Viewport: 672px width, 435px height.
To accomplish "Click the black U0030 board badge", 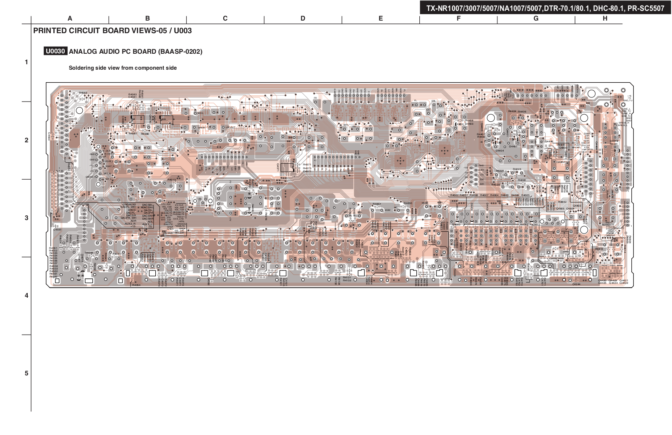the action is (x=55, y=51).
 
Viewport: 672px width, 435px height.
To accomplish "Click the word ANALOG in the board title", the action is (x=82, y=52).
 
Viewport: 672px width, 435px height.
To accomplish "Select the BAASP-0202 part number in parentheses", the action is (x=180, y=52).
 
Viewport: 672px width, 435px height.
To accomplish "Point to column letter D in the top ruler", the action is (x=303, y=18).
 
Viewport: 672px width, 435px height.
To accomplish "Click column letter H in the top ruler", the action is (x=605, y=18).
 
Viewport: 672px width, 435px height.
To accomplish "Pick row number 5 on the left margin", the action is (x=26, y=373).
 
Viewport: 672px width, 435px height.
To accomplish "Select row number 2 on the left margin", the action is (x=26, y=140).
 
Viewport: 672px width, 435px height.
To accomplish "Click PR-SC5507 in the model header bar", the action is (x=646, y=8).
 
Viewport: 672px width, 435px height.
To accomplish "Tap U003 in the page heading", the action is (x=183, y=31).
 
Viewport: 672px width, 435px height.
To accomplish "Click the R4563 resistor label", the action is (x=83, y=93).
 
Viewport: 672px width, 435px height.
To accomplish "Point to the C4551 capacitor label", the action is (x=57, y=230).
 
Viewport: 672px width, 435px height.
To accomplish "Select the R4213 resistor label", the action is (x=171, y=180).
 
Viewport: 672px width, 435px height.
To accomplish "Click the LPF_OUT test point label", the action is (x=230, y=127).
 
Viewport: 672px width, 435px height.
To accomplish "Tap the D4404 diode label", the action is (x=499, y=150).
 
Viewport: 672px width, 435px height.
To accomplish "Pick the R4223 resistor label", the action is (x=517, y=169).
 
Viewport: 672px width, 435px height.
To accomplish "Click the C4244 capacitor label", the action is (x=576, y=284).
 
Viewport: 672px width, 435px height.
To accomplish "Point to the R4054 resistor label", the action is (x=136, y=285).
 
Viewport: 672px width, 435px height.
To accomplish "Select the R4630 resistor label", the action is (x=408, y=203).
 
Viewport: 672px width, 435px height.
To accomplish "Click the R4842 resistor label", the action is (x=562, y=202).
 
